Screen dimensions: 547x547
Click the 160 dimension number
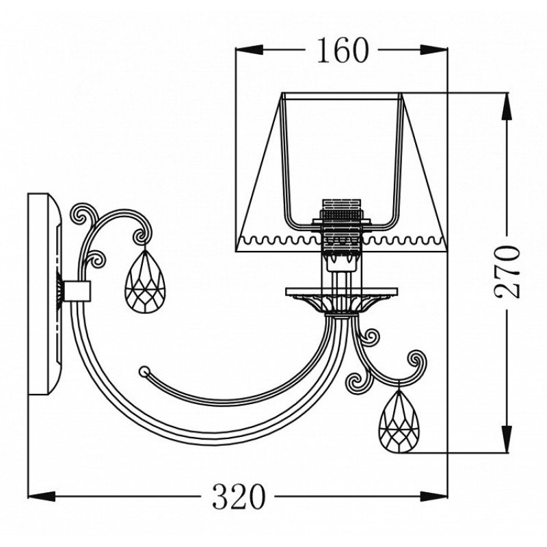(x=343, y=50)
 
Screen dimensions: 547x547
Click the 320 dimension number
(x=239, y=496)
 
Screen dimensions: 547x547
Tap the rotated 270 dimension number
(x=507, y=271)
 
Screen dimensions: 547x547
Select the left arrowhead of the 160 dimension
(x=249, y=49)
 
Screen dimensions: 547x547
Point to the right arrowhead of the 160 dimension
(x=433, y=49)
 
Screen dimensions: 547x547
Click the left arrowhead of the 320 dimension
(x=42, y=496)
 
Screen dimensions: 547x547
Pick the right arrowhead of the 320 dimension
(x=433, y=496)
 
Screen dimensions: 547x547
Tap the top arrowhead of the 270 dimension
(x=507, y=106)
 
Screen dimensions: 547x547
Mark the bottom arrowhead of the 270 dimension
(x=507, y=440)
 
